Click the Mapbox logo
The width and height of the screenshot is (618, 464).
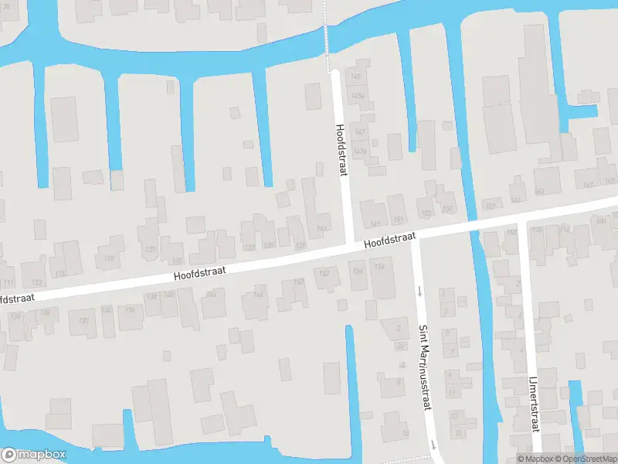[33, 455]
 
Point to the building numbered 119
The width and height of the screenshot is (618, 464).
[109, 258]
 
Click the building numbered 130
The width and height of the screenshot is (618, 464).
[84, 320]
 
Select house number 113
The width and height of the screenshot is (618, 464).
[36, 282]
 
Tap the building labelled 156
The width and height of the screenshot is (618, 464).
[379, 268]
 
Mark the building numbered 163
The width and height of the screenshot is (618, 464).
[538, 191]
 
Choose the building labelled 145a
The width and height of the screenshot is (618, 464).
[358, 95]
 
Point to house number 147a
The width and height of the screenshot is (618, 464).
[359, 151]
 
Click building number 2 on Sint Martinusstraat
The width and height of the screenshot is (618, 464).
[399, 328]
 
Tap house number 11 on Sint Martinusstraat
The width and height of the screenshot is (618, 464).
[453, 393]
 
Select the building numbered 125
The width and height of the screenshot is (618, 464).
[176, 261]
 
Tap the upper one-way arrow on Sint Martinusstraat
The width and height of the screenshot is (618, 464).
[419, 292]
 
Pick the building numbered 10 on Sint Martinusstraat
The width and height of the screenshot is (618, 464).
[405, 434]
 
